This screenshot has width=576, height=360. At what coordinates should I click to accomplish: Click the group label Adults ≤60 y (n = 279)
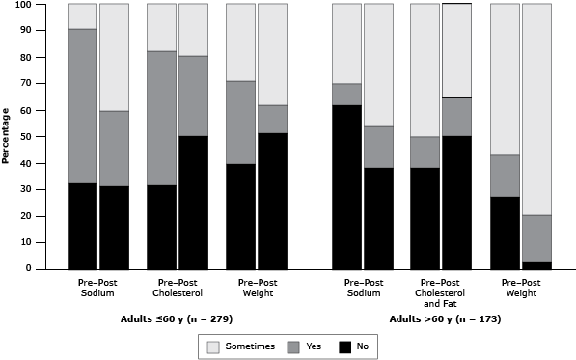pyautogui.click(x=177, y=318)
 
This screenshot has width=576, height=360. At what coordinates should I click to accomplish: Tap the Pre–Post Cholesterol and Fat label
pyautogui.click(x=441, y=293)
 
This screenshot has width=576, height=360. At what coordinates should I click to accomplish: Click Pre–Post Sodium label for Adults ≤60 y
pyautogui.click(x=97, y=289)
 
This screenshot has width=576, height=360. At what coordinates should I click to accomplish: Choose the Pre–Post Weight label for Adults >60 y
pyautogui.click(x=520, y=289)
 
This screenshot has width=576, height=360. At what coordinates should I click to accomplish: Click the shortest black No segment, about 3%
pyautogui.click(x=535, y=265)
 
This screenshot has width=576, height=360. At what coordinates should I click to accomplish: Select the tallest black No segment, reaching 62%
pyautogui.click(x=346, y=187)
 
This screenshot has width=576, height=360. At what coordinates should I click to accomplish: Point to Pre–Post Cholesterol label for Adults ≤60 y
pyautogui.click(x=177, y=289)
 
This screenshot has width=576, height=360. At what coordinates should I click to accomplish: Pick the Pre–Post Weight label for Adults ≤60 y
pyautogui.click(x=256, y=289)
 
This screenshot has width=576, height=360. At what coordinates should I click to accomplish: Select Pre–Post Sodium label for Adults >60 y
pyautogui.click(x=362, y=289)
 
